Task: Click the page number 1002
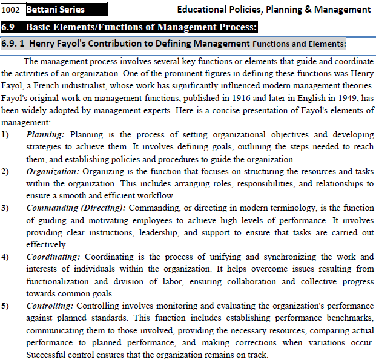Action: tap(12, 10)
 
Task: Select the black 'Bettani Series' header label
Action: tap(55, 10)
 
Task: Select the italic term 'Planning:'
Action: tap(46, 134)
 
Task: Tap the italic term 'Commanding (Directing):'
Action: tap(76, 208)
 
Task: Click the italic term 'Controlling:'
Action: tap(51, 306)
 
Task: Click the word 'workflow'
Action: tap(157, 195)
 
